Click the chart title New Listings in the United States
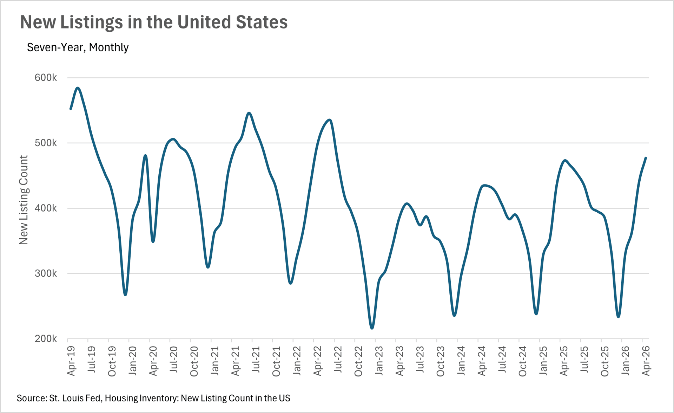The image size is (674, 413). click(x=154, y=22)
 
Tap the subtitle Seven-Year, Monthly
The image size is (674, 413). click(x=78, y=47)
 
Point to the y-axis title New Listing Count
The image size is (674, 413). click(x=24, y=200)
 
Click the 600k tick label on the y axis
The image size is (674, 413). click(x=46, y=78)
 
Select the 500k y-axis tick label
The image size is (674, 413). click(x=46, y=143)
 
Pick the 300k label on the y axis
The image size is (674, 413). click(x=46, y=273)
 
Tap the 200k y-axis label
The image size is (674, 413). click(x=46, y=339)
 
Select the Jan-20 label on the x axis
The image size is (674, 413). click(x=133, y=360)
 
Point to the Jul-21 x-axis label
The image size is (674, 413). click(x=256, y=360)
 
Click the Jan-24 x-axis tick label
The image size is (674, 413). click(x=461, y=360)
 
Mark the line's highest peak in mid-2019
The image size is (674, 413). click(x=78, y=88)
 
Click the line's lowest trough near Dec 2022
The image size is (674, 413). click(x=372, y=328)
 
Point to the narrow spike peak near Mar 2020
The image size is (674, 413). click(x=145, y=155)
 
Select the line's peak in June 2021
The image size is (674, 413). click(x=249, y=113)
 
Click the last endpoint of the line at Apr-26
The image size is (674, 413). click(x=646, y=158)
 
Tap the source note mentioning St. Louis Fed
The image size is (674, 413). click(x=153, y=398)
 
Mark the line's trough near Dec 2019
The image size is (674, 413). click(x=125, y=295)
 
